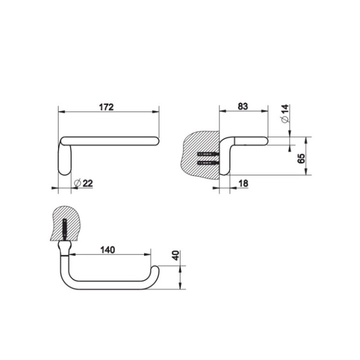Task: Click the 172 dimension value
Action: pyautogui.click(x=107, y=107)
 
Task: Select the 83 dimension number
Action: pyautogui.click(x=243, y=106)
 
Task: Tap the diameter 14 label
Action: pyautogui.click(x=284, y=114)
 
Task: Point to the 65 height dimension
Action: pyautogui.click(x=301, y=158)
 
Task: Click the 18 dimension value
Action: pyautogui.click(x=243, y=183)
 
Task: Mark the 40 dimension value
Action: pyautogui.click(x=175, y=255)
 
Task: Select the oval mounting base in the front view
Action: pyautogui.click(x=65, y=157)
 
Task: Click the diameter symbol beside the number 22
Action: pyautogui.click(x=77, y=183)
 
